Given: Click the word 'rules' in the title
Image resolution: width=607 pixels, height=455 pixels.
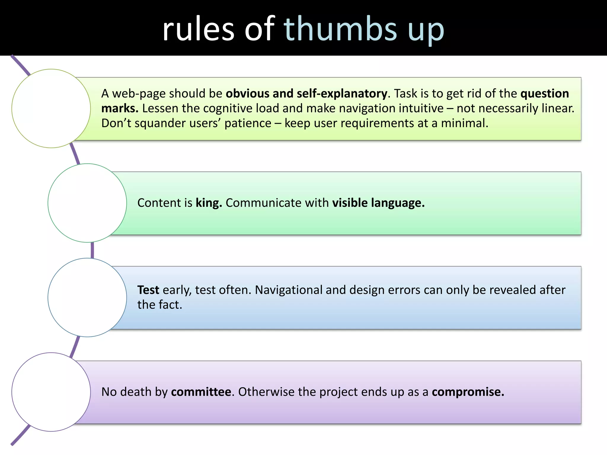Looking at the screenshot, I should pos(198,29).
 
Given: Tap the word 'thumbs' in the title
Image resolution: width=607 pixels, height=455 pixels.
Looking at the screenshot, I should pos(340,29).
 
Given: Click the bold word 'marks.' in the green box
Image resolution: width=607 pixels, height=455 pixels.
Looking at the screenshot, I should pos(120,108).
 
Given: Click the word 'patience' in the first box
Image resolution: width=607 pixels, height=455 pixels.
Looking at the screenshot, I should pos(247,123).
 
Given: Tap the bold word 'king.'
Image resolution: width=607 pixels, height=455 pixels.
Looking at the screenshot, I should pos(209,203).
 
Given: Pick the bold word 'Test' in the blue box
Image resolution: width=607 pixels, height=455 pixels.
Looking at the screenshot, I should pos(148,290).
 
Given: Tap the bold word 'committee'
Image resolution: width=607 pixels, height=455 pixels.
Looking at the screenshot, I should pos(201,392).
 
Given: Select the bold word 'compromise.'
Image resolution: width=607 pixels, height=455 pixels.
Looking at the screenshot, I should pos(468,392).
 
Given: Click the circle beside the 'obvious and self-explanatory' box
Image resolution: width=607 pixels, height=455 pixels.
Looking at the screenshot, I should pos(51,108).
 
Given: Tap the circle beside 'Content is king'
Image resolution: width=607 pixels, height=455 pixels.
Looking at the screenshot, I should pos(87,203).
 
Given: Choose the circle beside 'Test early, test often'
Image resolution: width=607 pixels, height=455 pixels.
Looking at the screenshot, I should pos(87,297).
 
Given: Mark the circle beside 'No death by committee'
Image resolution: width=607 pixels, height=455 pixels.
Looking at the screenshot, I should pos(51,392).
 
